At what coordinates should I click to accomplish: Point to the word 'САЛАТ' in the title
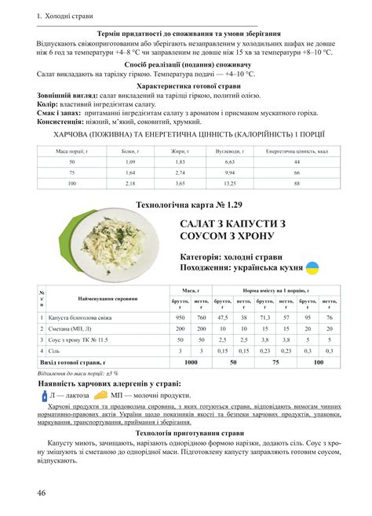pyautogui.click(x=203, y=225)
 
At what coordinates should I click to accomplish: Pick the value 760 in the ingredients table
pyautogui.click(x=201, y=317)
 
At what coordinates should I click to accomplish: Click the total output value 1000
pyautogui.click(x=190, y=363)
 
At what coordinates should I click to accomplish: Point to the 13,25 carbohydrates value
pyautogui.click(x=229, y=183)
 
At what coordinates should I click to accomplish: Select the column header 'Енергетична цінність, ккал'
pyautogui.click(x=297, y=148)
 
